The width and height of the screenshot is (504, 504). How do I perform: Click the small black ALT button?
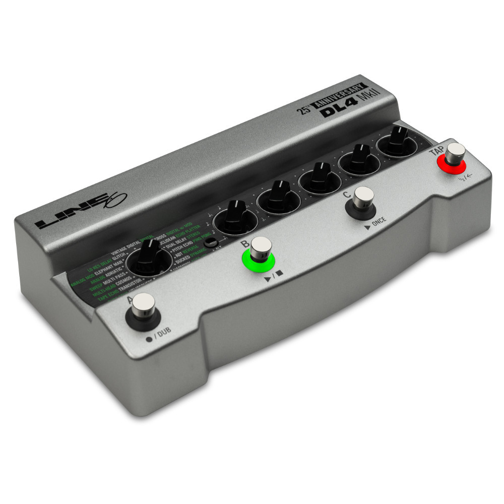214,242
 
